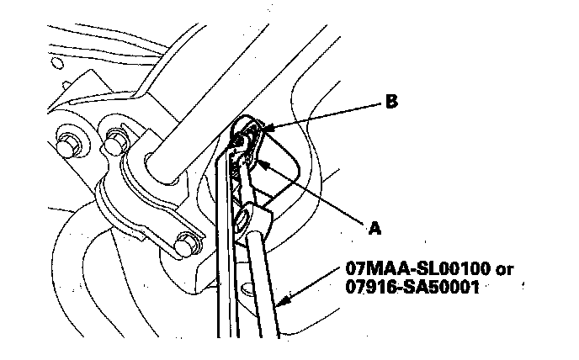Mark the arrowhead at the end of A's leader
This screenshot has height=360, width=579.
tap(259, 161)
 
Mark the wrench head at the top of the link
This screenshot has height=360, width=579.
tap(247, 139)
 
